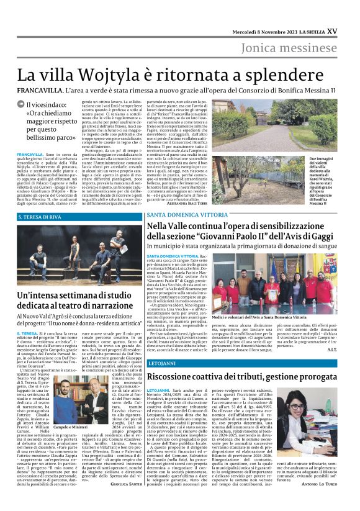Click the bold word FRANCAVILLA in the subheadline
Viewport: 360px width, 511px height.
click(40, 91)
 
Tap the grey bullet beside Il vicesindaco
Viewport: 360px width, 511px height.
click(20, 106)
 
